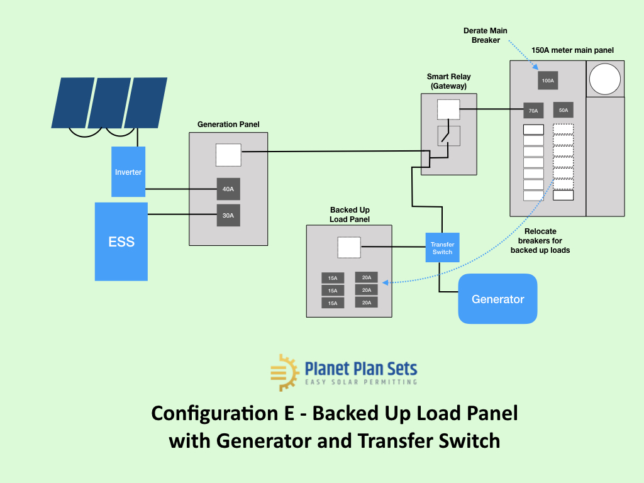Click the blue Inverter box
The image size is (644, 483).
pyautogui.click(x=128, y=172)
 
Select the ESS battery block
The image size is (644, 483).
pyautogui.click(x=121, y=241)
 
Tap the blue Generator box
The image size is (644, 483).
pyautogui.click(x=497, y=299)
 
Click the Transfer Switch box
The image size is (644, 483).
pyautogui.click(x=442, y=248)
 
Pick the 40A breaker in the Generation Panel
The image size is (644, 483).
pyautogui.click(x=228, y=189)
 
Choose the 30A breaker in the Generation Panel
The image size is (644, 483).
pyautogui.click(x=228, y=215)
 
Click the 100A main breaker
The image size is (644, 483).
pyautogui.click(x=548, y=80)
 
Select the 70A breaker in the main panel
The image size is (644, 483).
pyautogui.click(x=533, y=110)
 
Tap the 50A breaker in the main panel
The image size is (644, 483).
pyautogui.click(x=563, y=110)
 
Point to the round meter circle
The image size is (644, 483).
pyautogui.click(x=605, y=79)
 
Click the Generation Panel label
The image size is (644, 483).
pyautogui.click(x=228, y=125)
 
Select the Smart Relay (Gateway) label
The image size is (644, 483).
pyautogui.click(x=448, y=81)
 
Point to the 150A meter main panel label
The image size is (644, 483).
pyautogui.click(x=572, y=50)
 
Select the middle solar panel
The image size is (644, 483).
pyautogui.click(x=109, y=103)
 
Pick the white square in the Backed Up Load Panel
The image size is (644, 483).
pyautogui.click(x=349, y=247)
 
